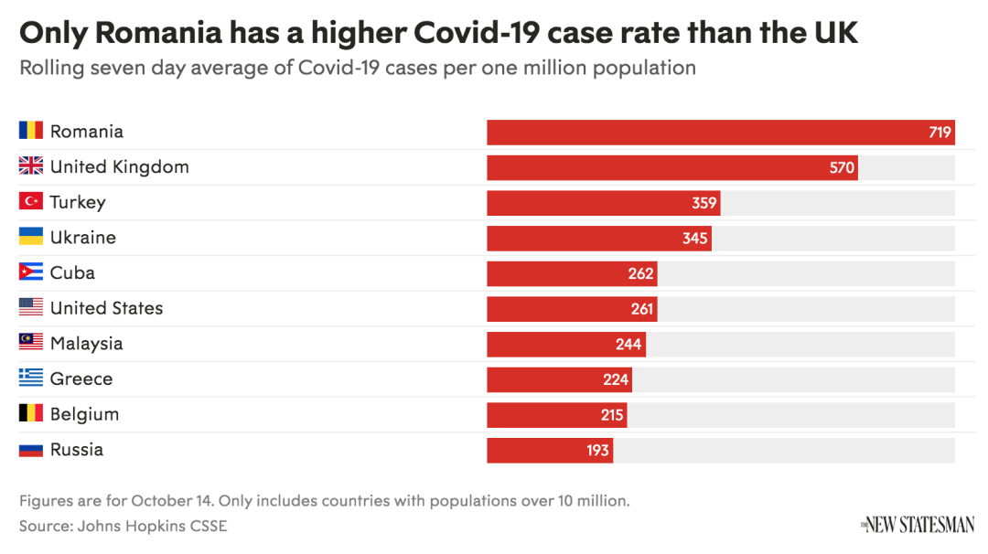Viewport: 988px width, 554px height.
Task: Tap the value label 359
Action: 703,203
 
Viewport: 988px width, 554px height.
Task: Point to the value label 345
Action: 695,239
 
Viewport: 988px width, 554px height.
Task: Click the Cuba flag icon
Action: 31,272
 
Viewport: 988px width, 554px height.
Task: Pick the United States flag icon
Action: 31,308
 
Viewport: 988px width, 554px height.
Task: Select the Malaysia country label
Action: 86,344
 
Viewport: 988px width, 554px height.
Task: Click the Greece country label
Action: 81,378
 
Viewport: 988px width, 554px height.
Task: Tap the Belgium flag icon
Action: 31,414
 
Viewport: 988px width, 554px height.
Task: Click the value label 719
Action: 940,133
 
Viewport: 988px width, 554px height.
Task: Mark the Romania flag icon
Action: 31,132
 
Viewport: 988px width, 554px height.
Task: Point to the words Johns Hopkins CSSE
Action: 153,526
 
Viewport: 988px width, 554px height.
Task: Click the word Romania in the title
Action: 159,34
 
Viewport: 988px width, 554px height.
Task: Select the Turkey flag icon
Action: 31,202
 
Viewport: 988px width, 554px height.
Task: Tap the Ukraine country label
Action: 83,238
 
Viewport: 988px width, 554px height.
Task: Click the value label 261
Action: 642,309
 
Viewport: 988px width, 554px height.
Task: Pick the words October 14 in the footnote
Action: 172,501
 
